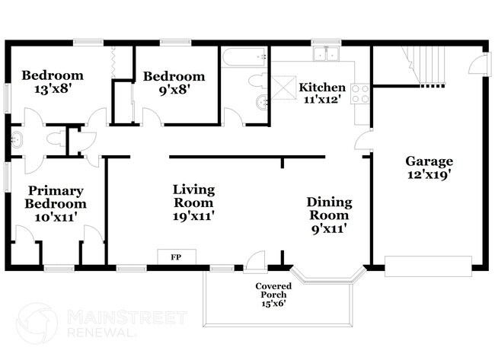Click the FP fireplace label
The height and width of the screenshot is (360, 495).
(176, 257)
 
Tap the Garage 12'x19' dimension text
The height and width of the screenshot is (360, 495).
(429, 174)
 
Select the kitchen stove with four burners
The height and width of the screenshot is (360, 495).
(360, 94)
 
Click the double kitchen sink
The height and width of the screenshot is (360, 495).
(326, 53)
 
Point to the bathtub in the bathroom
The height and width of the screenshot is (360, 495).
(244, 57)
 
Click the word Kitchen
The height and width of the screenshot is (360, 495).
(322, 87)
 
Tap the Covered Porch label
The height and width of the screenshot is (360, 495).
(273, 290)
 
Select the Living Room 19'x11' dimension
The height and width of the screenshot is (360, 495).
(194, 216)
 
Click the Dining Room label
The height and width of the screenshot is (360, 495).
(329, 209)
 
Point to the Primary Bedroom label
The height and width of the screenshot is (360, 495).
(56, 197)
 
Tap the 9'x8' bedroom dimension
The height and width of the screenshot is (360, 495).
(174, 90)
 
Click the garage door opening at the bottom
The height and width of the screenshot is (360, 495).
(428, 266)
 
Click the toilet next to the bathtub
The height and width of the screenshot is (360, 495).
(258, 81)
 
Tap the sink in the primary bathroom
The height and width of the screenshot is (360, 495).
(17, 140)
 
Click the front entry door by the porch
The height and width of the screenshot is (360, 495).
(255, 260)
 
